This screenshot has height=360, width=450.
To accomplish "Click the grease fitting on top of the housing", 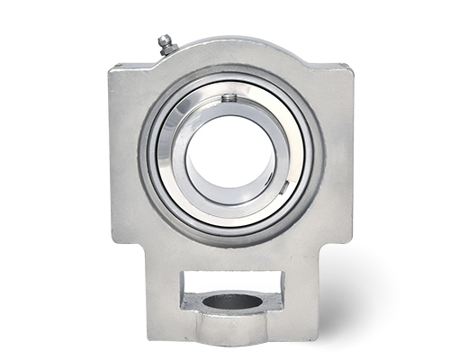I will coord(165,45).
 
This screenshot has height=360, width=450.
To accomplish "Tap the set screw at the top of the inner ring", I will coord(230,97).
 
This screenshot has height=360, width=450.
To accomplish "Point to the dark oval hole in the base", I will coord(231,301).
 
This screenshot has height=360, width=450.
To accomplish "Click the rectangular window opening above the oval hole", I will coord(231,283).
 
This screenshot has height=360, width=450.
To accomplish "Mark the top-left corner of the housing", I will coord(112,67).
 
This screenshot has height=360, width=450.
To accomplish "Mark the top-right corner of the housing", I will coord(349,67).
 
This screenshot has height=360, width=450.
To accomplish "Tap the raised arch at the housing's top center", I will coord(230,45).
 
